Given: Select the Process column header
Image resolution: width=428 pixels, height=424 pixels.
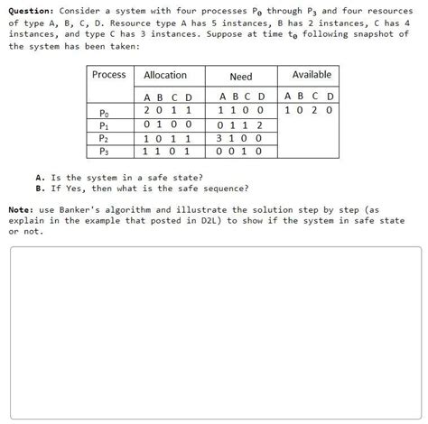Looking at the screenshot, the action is click(109, 75).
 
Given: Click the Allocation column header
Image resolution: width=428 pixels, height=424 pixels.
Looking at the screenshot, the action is click(165, 76).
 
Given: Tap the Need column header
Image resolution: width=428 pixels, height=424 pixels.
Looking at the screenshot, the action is click(241, 77).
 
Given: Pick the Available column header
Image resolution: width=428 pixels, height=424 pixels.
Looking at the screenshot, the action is click(312, 75).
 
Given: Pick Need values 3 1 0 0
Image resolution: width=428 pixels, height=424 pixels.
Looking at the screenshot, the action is click(241, 139).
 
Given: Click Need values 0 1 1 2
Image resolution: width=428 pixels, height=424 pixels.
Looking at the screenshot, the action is click(241, 125).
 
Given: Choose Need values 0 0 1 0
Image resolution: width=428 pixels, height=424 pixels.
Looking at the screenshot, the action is click(241, 152).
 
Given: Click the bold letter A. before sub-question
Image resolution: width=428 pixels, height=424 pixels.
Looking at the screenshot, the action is click(41, 178).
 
